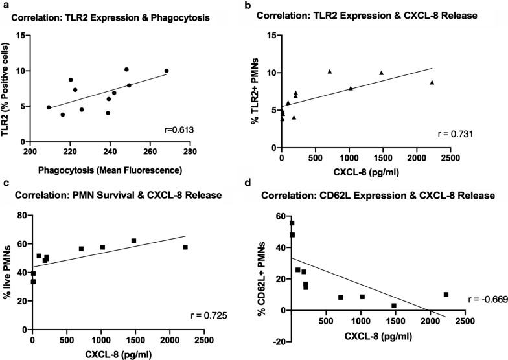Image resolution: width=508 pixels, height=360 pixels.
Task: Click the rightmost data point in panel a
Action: [x=167, y=71]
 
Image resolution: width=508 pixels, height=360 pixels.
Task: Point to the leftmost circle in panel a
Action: [x=49, y=107]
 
